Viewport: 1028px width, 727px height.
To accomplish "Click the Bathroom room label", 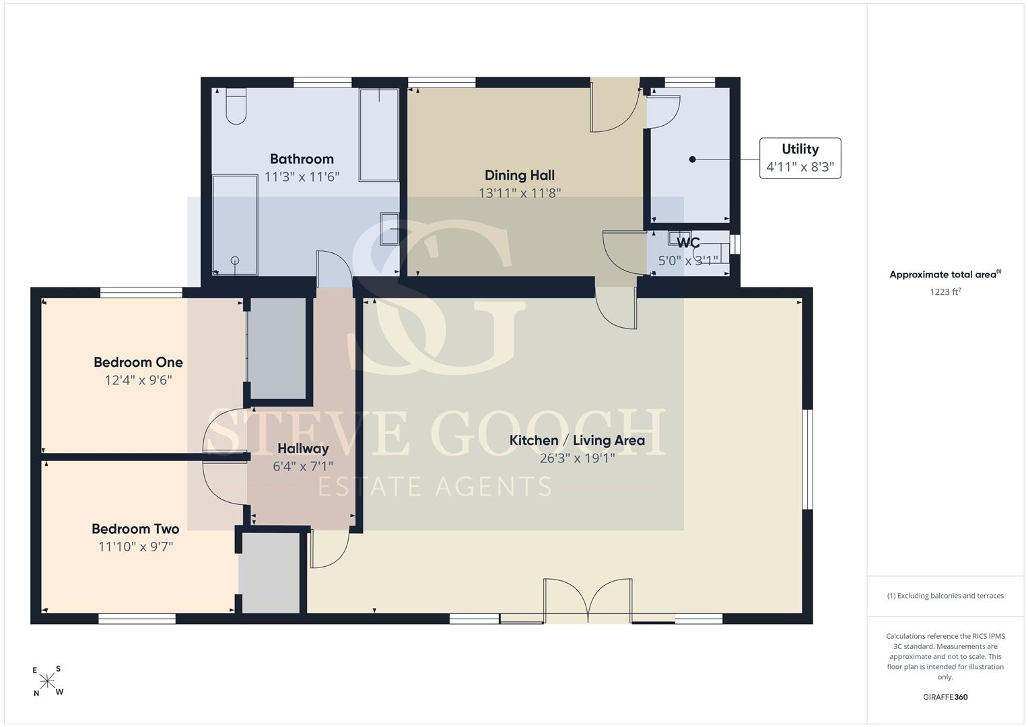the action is pyautogui.click(x=302, y=159).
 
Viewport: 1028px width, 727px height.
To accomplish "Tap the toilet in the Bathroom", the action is pyautogui.click(x=236, y=106).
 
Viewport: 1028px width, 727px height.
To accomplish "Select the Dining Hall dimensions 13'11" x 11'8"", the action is pyautogui.click(x=520, y=193).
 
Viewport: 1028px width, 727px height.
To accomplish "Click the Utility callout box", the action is pyautogui.click(x=800, y=158).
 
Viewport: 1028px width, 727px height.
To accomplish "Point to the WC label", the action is pyautogui.click(x=688, y=242).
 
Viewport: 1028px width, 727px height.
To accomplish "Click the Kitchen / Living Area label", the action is pyautogui.click(x=577, y=440).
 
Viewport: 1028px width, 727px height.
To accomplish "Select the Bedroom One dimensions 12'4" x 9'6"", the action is pyautogui.click(x=138, y=380).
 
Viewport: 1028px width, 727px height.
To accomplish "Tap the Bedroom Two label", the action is pyautogui.click(x=135, y=528).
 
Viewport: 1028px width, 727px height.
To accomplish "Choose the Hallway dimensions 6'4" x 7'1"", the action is pyautogui.click(x=303, y=466).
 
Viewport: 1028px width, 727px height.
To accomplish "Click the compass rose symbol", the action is pyautogui.click(x=47, y=681).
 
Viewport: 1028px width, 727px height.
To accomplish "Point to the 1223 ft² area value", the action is pyautogui.click(x=945, y=291).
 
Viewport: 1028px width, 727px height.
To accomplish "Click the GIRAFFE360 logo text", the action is pyautogui.click(x=945, y=697).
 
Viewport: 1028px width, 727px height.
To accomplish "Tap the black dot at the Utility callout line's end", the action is pyautogui.click(x=693, y=160).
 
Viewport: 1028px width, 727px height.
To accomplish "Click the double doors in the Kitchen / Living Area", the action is pyautogui.click(x=588, y=600).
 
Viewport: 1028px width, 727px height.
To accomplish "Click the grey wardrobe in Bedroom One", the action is pyautogui.click(x=277, y=349).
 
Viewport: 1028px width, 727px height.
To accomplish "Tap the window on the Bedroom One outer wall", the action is pyautogui.click(x=141, y=292).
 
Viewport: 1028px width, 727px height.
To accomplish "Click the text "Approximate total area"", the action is pyautogui.click(x=943, y=275).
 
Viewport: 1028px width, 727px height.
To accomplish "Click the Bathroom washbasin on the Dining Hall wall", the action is pyautogui.click(x=390, y=229).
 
